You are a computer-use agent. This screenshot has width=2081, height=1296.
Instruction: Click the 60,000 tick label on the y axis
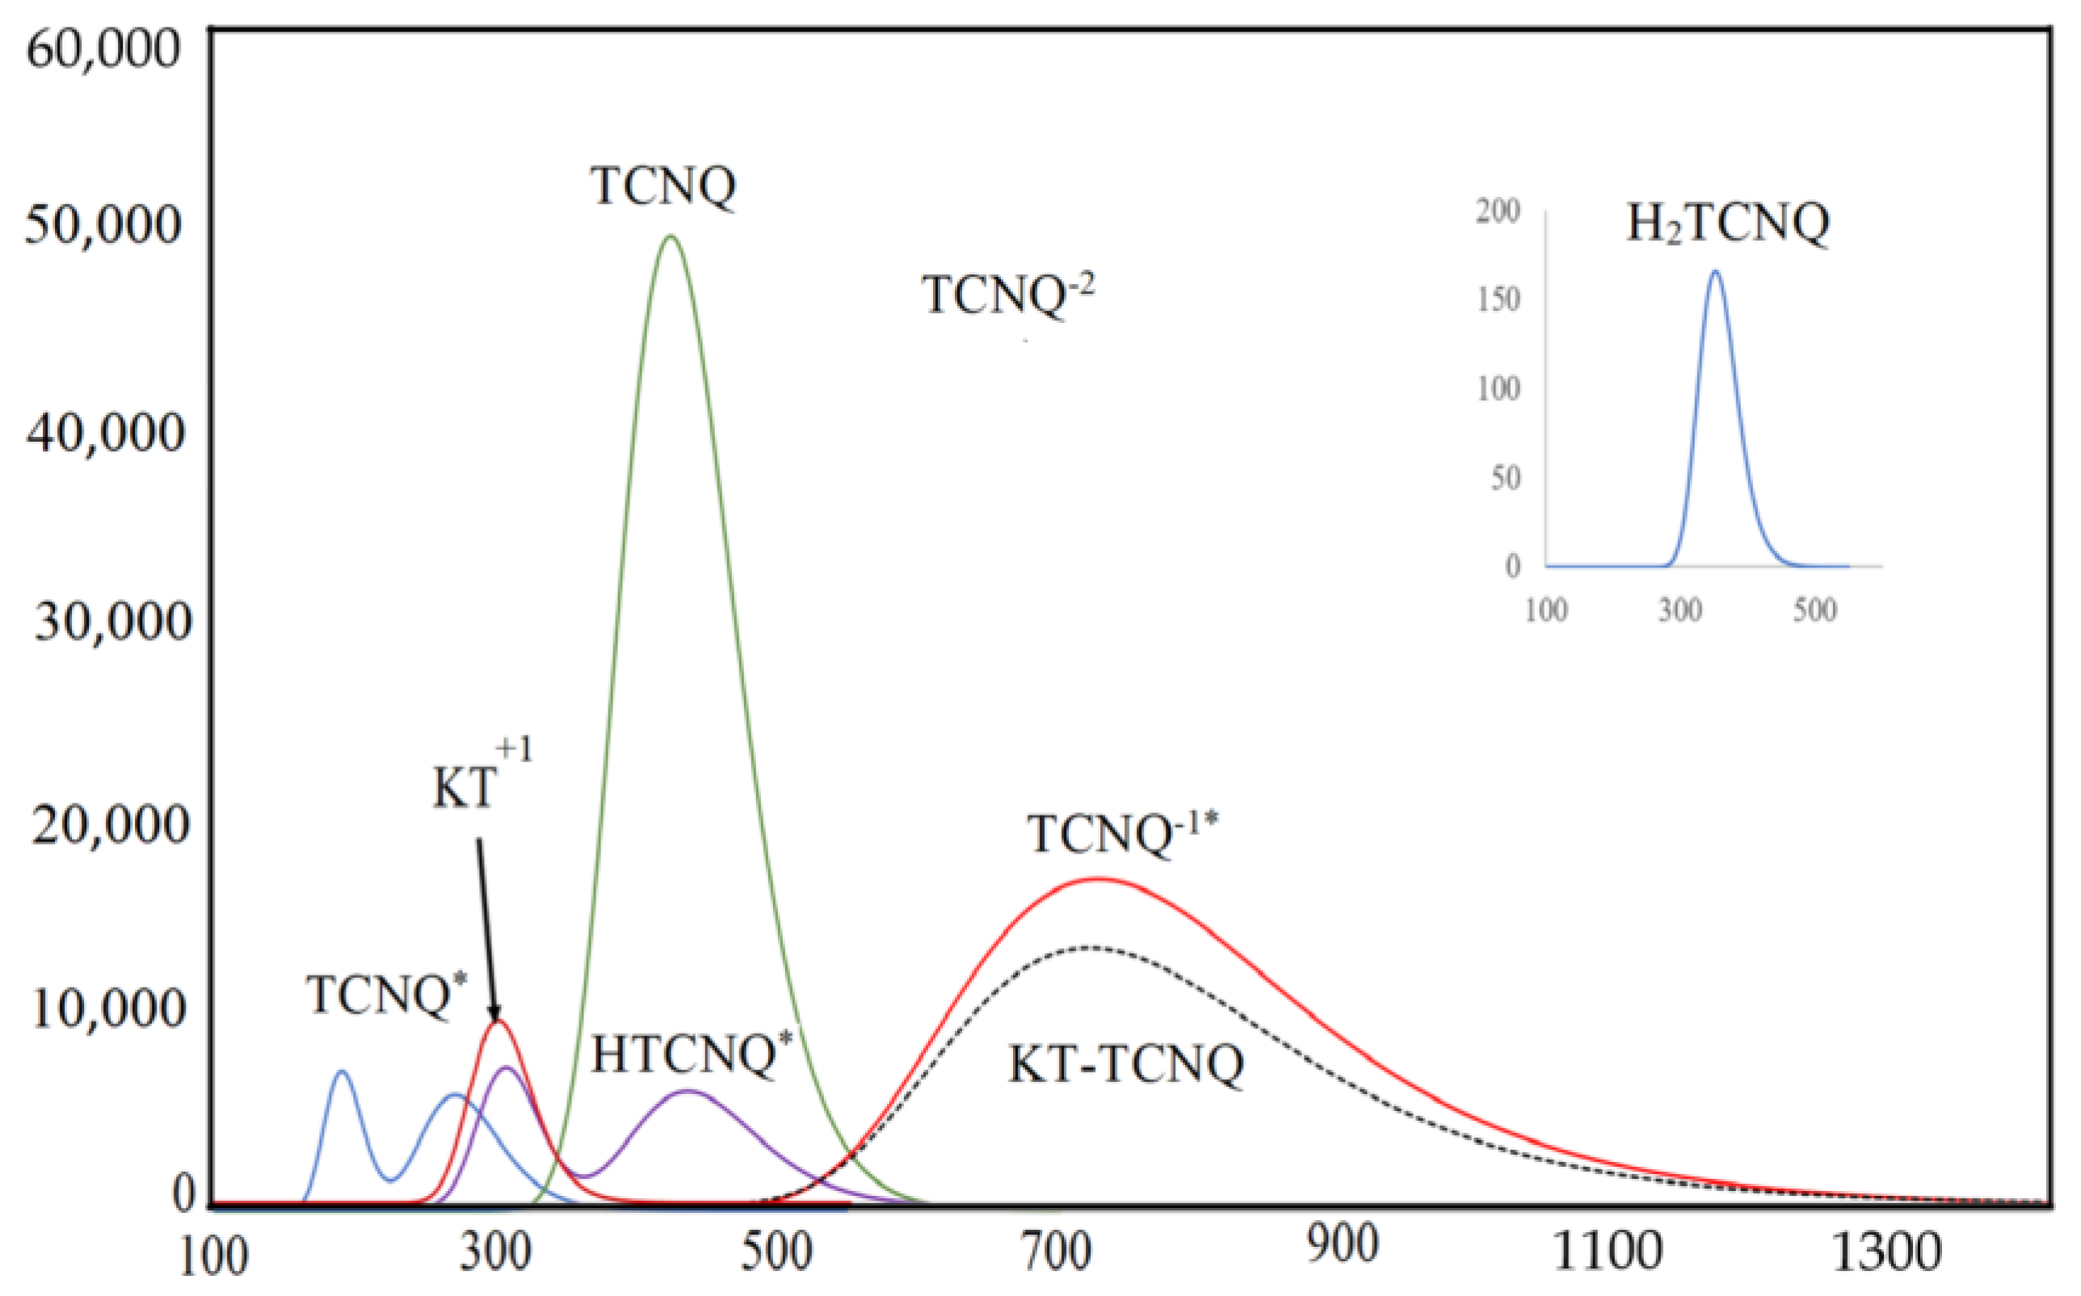click(103, 49)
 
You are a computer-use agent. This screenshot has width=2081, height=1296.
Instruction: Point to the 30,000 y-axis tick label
click(111, 622)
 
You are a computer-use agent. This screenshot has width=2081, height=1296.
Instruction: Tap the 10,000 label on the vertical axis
click(108, 1009)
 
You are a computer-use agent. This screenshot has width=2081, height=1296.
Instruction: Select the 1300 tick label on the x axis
click(1886, 1253)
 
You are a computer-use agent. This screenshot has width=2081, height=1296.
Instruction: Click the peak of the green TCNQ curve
click(671, 237)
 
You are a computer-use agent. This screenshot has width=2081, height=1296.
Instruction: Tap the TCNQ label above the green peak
click(662, 185)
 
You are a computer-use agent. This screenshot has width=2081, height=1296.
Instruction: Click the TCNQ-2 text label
click(1007, 294)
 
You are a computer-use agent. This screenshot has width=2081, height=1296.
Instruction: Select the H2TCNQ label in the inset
click(1728, 224)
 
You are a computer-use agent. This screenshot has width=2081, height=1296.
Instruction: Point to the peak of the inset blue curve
click(1715, 273)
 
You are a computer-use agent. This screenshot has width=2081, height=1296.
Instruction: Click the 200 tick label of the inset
click(1497, 211)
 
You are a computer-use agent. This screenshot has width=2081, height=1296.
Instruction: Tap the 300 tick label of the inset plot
click(1679, 610)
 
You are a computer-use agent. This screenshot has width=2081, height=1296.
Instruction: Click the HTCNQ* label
click(691, 1055)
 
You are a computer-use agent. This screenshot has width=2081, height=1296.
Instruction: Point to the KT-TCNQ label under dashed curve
click(1125, 1065)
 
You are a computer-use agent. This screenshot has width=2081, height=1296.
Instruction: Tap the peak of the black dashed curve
click(1089, 947)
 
